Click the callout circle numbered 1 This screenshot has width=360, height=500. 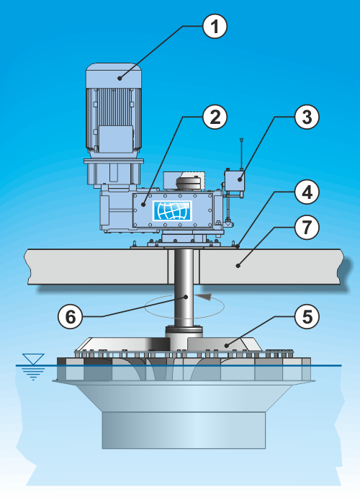215,27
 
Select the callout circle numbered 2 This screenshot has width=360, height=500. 215,117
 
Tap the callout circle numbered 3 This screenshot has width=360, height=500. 307,117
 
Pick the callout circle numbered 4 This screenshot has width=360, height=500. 307,192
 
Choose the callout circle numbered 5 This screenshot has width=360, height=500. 307,317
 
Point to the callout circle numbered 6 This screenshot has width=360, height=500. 70,317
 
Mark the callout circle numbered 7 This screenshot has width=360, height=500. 307,228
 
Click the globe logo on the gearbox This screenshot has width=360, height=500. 172,210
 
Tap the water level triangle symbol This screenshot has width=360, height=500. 33,359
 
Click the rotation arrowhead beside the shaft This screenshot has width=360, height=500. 204,297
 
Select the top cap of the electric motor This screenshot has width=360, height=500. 114,75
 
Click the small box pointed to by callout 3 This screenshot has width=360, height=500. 234,181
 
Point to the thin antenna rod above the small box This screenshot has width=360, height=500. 241,153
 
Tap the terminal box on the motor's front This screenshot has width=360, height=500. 116,139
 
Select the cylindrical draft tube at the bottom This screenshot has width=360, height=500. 184,430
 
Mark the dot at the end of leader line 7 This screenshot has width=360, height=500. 238,265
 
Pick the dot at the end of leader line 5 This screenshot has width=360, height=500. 227,345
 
